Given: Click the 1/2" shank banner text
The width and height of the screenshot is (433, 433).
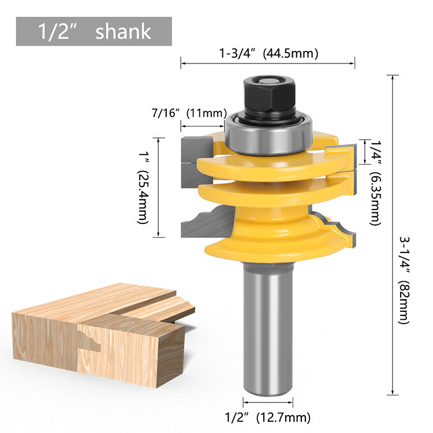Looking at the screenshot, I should pyautogui.click(x=93, y=32).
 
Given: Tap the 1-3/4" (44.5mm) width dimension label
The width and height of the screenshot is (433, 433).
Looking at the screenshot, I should pyautogui.click(x=268, y=54).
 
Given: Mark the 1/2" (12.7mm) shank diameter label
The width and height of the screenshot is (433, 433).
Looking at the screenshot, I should pyautogui.click(x=268, y=417).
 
